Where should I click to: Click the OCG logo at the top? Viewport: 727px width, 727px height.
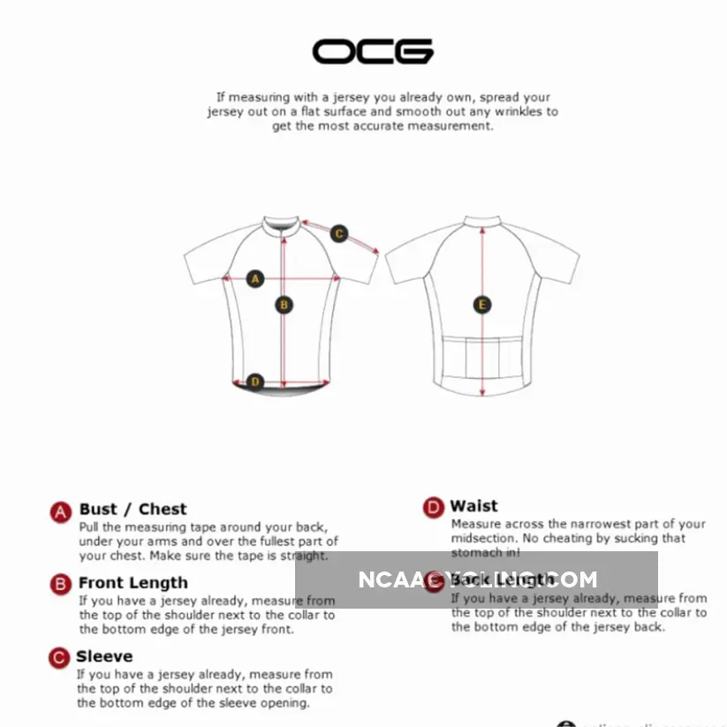point(373,50)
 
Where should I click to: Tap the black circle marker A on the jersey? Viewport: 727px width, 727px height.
point(255,279)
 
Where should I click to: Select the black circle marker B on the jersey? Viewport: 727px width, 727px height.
point(284,305)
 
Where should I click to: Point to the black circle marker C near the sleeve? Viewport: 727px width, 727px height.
point(339,234)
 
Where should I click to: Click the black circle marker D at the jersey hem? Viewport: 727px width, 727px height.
point(255,382)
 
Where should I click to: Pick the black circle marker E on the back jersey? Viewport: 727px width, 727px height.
point(482,305)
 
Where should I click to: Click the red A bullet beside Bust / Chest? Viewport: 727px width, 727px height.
point(60,512)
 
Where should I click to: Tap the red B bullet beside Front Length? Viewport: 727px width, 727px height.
point(60,584)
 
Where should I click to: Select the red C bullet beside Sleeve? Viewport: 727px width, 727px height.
point(59,658)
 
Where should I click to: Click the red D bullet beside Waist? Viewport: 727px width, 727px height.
point(433,508)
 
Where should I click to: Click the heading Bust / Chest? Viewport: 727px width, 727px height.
point(133,509)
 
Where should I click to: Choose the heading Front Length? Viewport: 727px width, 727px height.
point(133,583)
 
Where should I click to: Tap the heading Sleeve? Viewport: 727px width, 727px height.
point(104,656)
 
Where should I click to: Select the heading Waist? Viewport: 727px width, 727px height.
point(473,506)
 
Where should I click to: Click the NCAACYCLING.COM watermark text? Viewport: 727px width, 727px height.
point(477,580)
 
